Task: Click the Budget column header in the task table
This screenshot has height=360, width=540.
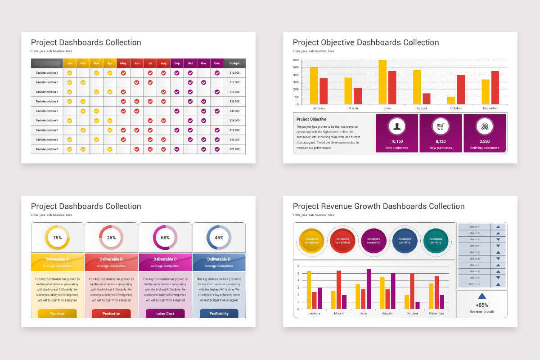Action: coord(234,63)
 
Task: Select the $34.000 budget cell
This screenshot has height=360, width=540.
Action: coord(234,111)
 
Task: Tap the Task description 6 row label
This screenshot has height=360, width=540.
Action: coord(47,121)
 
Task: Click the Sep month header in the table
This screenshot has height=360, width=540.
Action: coord(177,63)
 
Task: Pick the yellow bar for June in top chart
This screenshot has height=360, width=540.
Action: coord(382,82)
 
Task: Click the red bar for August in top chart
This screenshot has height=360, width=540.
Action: coord(427,99)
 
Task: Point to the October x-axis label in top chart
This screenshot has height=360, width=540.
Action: coord(456,108)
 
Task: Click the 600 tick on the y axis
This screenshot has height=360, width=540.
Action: coord(296,60)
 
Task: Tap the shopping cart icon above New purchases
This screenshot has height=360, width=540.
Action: coord(441,126)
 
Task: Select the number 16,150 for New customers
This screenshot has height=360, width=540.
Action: coord(396,141)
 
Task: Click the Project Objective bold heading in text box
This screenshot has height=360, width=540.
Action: coord(311,119)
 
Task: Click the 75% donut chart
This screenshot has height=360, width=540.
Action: coord(57,238)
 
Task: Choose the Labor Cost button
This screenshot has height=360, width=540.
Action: coord(165,313)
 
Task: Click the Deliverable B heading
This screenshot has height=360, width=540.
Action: coord(111,259)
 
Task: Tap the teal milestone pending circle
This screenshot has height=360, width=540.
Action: coord(436,241)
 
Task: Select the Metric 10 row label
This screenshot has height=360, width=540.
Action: coord(474,284)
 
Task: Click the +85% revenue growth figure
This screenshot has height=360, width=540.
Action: coord(481,305)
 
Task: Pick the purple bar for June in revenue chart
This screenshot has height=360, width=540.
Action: coord(369,289)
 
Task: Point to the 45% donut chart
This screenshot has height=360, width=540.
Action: coord(219,238)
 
